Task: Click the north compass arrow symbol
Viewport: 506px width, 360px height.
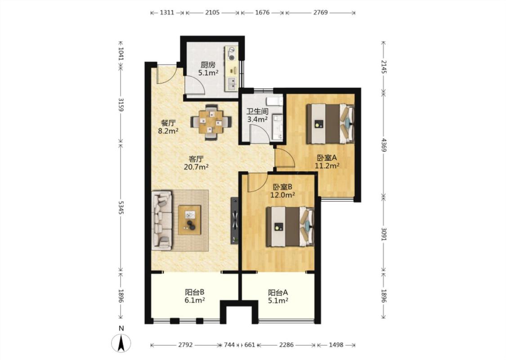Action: coord(121,343)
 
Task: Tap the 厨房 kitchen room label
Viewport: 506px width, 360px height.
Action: coord(208,65)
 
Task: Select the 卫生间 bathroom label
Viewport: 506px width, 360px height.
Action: coord(258,112)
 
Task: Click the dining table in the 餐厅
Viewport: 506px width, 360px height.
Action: coord(211,122)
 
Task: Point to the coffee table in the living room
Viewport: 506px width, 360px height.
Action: coord(189,220)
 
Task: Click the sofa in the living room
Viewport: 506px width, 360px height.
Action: coord(162,220)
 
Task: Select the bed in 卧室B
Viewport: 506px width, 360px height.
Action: coord(290,227)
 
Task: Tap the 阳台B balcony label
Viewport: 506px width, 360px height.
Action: coord(195,292)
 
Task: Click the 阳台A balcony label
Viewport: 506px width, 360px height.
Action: coord(278,292)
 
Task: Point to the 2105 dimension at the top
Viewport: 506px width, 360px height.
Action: coord(212,13)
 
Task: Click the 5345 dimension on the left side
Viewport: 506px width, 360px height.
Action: coord(121,207)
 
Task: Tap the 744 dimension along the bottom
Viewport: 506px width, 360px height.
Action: coord(229,345)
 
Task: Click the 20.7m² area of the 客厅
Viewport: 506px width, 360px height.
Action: coord(196,167)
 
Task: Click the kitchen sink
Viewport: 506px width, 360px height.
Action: coord(232,84)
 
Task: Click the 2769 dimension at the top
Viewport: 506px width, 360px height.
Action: coord(320,13)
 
